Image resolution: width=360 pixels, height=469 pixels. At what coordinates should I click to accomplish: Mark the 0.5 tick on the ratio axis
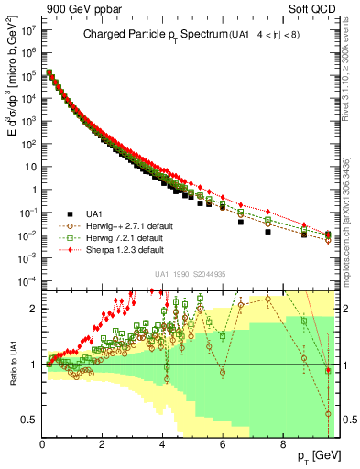pos(29,420)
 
